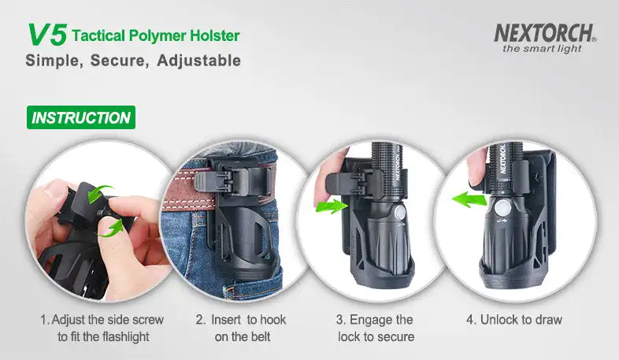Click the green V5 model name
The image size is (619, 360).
pyautogui.click(x=47, y=35)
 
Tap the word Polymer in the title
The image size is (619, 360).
pyautogui.click(x=158, y=36)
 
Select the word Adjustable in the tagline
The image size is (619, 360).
pyautogui.click(x=198, y=61)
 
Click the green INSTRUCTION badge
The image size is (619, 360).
pyautogui.click(x=81, y=117)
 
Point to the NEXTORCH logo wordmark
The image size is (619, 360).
pyautogui.click(x=545, y=33)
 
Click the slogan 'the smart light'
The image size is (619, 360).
pyautogui.click(x=542, y=49)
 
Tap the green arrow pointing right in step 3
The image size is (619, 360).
pyautogui.click(x=332, y=206)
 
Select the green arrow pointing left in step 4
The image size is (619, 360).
pyautogui.click(x=469, y=199)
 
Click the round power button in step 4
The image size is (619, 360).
pyautogui.click(x=503, y=207)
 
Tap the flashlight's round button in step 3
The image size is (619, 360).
pyautogui.click(x=400, y=213)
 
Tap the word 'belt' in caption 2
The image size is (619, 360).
pyautogui.click(x=260, y=336)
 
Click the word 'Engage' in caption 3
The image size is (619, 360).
pyautogui.click(x=369, y=320)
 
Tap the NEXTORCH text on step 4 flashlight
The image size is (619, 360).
pyautogui.click(x=502, y=158)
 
